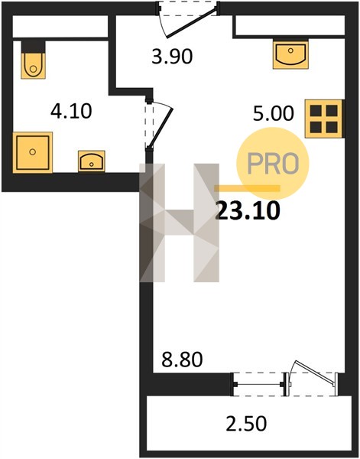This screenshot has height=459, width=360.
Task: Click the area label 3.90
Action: [x=172, y=57]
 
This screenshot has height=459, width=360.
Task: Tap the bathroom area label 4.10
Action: [x=71, y=111]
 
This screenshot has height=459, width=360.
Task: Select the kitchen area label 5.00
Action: [x=273, y=113]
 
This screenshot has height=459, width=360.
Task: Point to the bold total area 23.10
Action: [x=248, y=211]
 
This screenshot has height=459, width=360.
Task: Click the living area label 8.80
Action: [x=182, y=360]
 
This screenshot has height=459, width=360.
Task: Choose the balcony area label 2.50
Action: [x=246, y=423]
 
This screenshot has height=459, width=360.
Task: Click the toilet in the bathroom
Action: [x=34, y=60]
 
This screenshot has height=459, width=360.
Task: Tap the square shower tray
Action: [x=32, y=152]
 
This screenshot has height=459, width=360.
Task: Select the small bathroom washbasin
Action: [x=92, y=161]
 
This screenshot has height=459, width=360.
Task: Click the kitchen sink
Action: [x=290, y=54]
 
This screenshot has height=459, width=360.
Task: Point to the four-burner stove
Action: [x=323, y=119]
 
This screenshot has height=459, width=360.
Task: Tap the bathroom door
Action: [x=160, y=125]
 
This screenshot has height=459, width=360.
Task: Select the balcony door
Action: [x=313, y=378]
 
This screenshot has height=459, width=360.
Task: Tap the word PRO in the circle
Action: [x=273, y=164]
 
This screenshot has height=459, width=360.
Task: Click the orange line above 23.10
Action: [x=247, y=188]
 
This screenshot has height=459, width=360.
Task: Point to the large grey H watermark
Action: [x=180, y=223]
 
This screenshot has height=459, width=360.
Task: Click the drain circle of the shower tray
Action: [x=33, y=152]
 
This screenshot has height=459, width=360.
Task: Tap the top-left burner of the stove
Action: [x=316, y=111]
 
